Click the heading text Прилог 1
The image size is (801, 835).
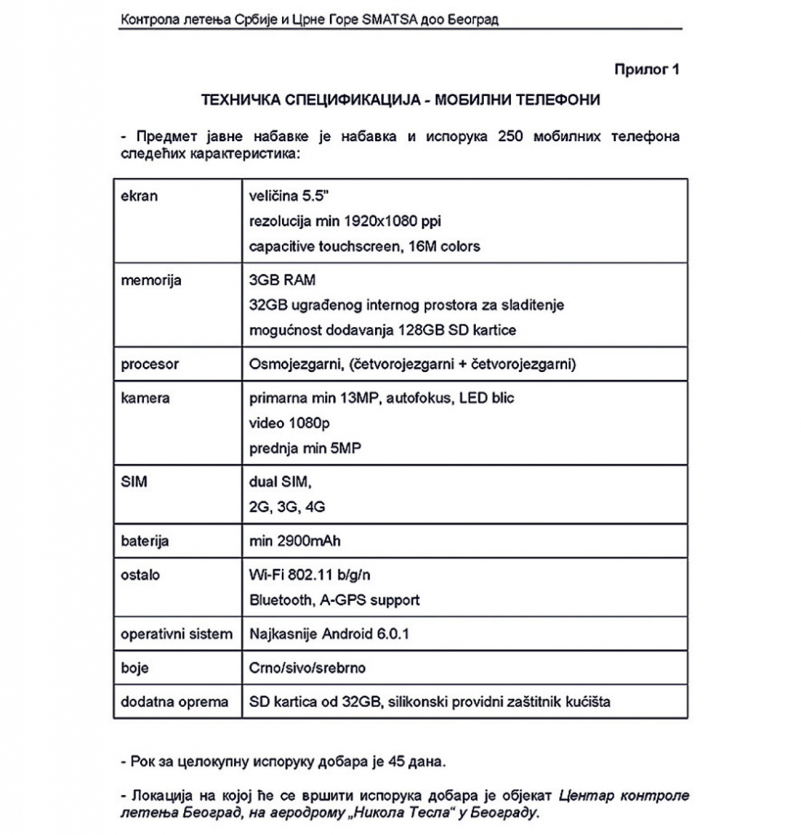pyautogui.click(x=646, y=69)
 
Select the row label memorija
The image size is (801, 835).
pyautogui.click(x=151, y=281)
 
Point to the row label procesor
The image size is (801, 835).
pyautogui.click(x=149, y=364)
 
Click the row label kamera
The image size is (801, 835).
pyautogui.click(x=145, y=398)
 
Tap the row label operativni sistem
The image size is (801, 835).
pyautogui.click(x=176, y=634)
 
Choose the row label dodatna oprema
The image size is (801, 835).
pyautogui.click(x=174, y=701)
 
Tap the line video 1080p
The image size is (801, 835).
pyautogui.click(x=288, y=423)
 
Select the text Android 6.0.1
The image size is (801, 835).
pyautogui.click(x=346, y=634)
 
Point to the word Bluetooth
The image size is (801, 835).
pyautogui.click(x=278, y=600)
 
